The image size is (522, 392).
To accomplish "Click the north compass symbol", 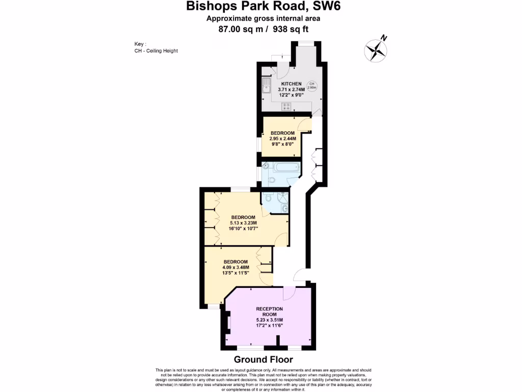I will click(x=376, y=50).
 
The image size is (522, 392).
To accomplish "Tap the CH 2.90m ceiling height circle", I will click(x=311, y=86).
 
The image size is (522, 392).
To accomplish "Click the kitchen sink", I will click(x=266, y=88).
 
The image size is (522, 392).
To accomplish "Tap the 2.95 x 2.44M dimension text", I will click(x=283, y=138).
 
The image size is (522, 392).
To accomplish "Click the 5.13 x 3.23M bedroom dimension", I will click(x=243, y=223).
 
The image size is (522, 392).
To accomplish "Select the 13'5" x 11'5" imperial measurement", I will click(x=235, y=273).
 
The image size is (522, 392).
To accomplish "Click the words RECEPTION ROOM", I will click(x=270, y=312).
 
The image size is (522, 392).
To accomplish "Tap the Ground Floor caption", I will click(x=263, y=360).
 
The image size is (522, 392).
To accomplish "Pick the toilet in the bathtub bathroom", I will click(x=272, y=180).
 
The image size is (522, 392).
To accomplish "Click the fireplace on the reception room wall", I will click(x=228, y=322).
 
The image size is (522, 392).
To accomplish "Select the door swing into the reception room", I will click(x=289, y=293).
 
